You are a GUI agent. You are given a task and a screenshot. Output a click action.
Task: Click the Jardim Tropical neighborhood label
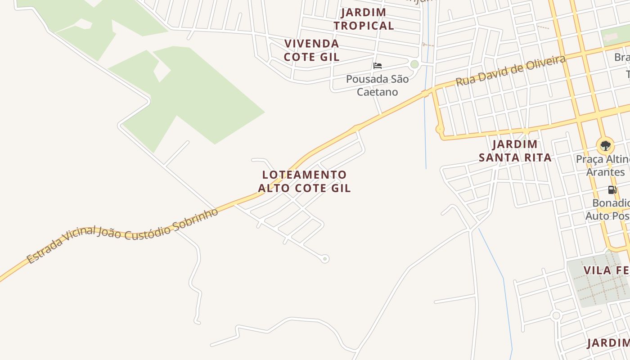click(x=364, y=19)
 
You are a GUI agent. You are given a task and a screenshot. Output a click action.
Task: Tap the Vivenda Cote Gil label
click(x=311, y=50)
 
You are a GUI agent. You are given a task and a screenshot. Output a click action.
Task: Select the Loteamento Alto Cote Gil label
click(x=305, y=181)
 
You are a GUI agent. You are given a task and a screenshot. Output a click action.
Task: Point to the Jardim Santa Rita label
click(x=515, y=151)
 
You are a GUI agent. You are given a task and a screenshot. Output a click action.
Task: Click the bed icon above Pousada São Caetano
click(x=378, y=66)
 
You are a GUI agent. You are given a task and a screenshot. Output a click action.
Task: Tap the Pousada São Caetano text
click(x=377, y=85)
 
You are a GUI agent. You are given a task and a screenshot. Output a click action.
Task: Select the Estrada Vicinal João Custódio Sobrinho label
click(x=122, y=235)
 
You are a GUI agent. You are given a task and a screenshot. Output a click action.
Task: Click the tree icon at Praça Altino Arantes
click(x=605, y=145)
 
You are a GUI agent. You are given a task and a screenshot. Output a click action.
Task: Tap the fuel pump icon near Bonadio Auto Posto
click(x=612, y=190)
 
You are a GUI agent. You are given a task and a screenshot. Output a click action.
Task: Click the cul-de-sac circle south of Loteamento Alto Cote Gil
click(x=325, y=259)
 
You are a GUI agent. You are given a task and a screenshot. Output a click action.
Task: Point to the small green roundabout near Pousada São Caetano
click(x=414, y=64)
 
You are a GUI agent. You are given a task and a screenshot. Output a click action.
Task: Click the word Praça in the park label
click(x=589, y=159)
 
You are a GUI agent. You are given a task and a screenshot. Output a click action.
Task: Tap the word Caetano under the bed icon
click(x=377, y=92)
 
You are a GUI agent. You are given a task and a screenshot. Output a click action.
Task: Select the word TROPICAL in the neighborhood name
click(x=364, y=26)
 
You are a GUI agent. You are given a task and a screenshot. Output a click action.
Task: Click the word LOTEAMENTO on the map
click(x=305, y=175)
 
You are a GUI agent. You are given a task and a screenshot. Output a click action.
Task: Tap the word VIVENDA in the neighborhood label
click(x=311, y=44)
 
